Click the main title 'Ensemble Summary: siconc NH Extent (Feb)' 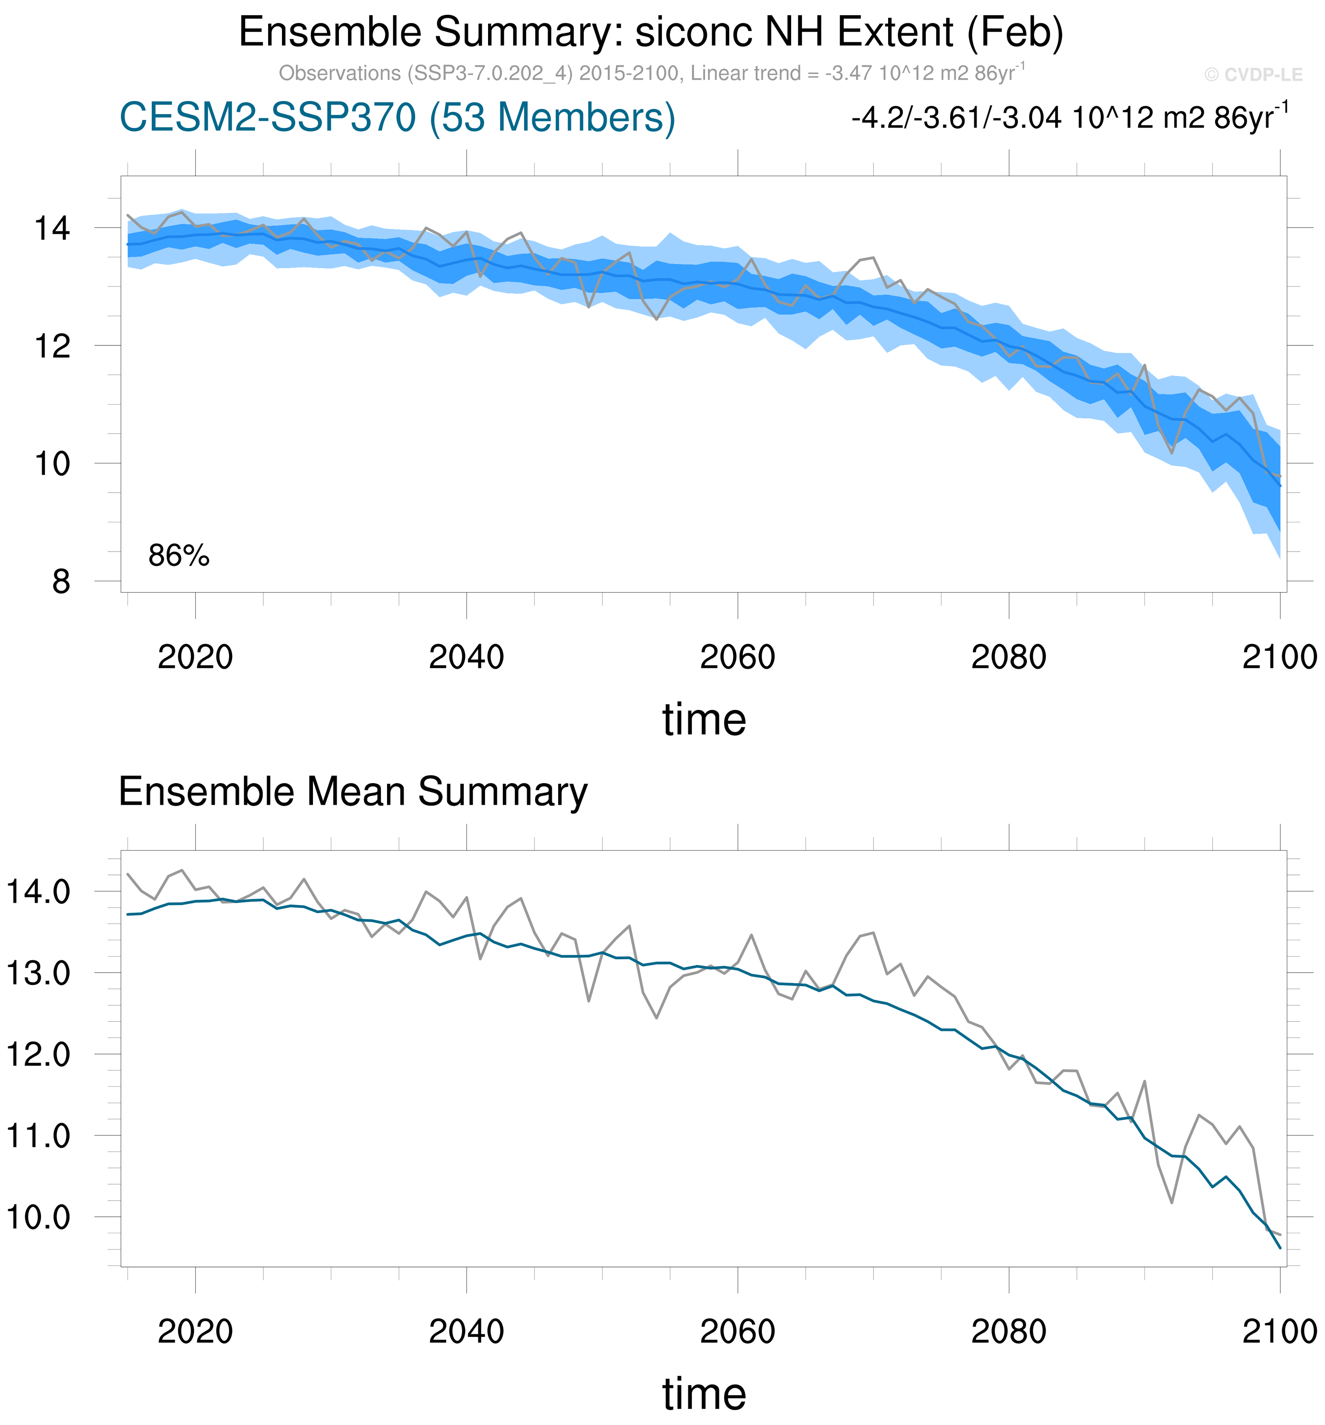[x=650, y=33]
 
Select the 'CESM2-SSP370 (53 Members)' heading [x=397, y=118]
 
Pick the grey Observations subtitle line [x=651, y=73]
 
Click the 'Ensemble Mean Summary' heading [x=352, y=792]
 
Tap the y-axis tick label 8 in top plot [x=61, y=581]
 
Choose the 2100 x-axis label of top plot [x=1279, y=657]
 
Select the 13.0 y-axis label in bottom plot [x=38, y=973]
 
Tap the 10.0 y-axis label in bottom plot [x=38, y=1217]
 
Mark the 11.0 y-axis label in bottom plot [x=38, y=1136]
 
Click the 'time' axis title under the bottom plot [x=704, y=1394]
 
